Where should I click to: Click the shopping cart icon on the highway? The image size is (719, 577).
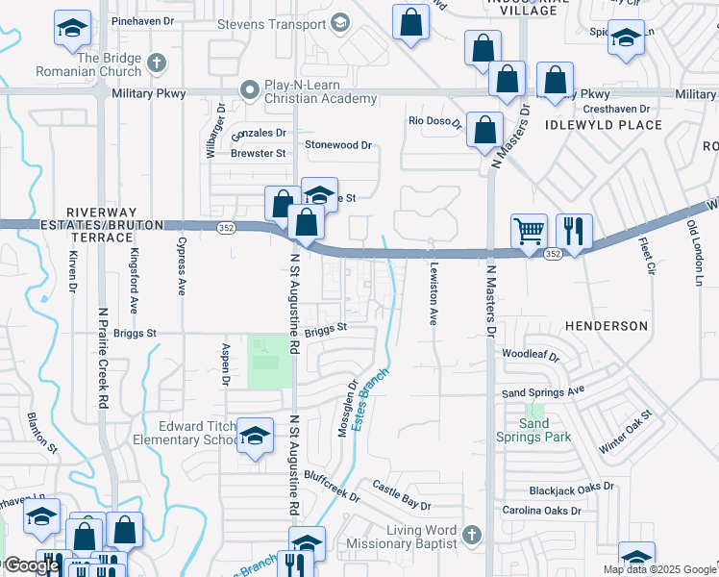coord(529,231)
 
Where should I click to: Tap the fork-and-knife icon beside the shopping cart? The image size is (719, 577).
coord(573,231)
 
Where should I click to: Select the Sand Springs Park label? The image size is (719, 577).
coord(533,430)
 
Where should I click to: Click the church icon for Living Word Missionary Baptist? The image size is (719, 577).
coord(471,533)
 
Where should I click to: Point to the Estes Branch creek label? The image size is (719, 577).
coord(370,398)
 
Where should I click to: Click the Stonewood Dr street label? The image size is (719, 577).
coord(337,145)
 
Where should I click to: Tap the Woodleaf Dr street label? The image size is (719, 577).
coord(530,355)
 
